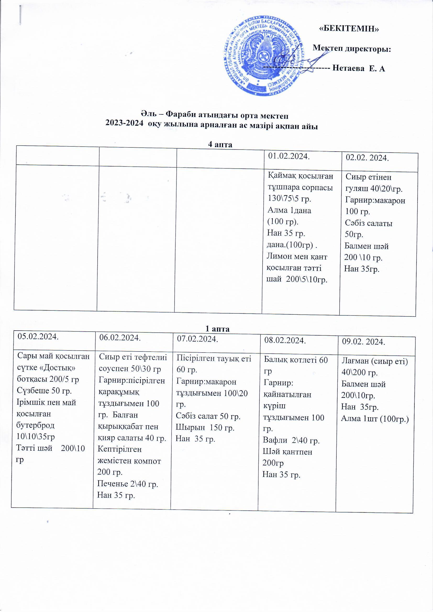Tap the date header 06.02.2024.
(120, 338)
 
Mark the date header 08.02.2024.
(285, 340)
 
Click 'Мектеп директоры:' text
(352, 49)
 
